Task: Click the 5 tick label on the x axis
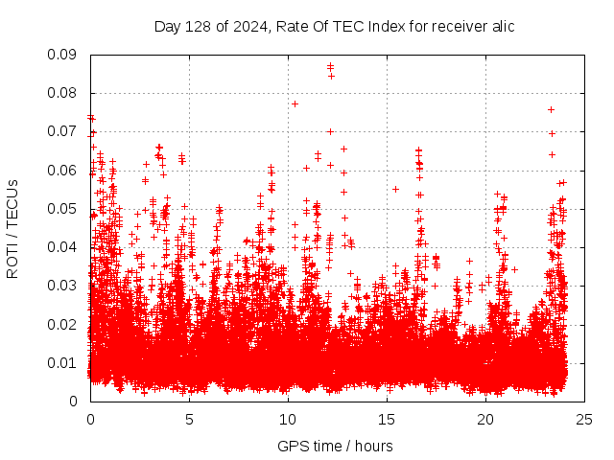[189, 419]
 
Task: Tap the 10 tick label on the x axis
[288, 419]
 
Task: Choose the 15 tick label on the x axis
[387, 419]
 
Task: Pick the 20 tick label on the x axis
[485, 419]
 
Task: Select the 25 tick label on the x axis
[584, 419]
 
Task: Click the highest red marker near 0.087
[330, 66]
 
